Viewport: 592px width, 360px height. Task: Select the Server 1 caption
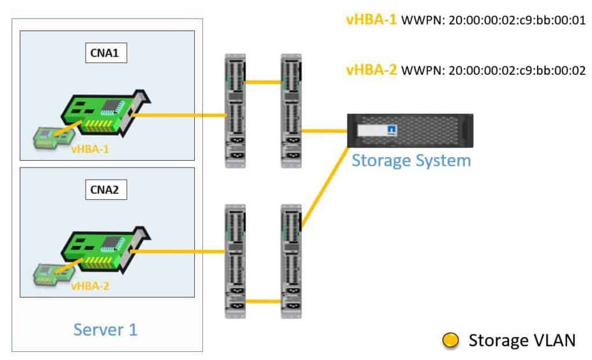(x=106, y=329)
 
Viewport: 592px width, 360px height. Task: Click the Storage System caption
(x=411, y=160)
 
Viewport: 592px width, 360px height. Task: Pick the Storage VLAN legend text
(x=521, y=340)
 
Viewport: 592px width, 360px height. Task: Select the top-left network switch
(x=235, y=111)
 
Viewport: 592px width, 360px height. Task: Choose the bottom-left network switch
(x=235, y=261)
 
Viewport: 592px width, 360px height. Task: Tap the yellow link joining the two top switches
(x=263, y=82)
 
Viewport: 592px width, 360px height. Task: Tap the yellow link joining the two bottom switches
(x=263, y=300)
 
